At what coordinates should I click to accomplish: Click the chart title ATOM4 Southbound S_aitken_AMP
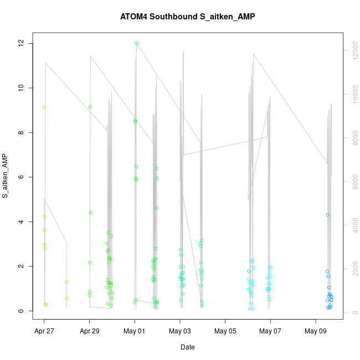187,17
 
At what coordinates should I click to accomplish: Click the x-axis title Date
187,347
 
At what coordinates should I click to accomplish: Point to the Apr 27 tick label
44,332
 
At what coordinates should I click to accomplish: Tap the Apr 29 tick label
90,332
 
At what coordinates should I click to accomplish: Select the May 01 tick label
135,332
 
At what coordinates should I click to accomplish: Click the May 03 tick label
180,332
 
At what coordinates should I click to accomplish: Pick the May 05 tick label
225,332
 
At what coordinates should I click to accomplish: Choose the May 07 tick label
270,332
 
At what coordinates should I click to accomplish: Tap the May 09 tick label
316,332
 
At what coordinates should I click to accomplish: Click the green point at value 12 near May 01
137,43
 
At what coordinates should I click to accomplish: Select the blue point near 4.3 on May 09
328,215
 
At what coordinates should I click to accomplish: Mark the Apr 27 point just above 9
44,107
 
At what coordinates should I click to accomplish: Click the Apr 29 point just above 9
90,107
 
